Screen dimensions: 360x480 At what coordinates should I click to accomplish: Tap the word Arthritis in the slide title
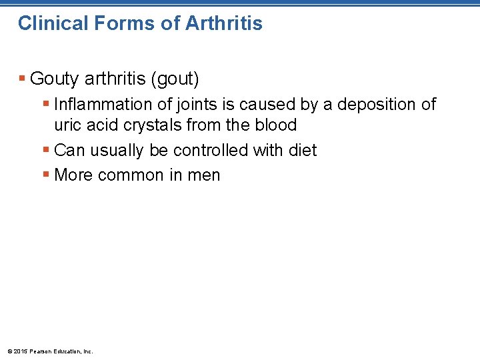[x=224, y=23]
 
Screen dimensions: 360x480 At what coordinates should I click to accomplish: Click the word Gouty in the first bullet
[x=55, y=79]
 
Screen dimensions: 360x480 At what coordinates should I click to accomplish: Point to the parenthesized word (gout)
[x=175, y=79]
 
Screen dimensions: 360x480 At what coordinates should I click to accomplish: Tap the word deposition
[x=370, y=105]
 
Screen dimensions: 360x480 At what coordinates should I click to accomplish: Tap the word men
[x=205, y=175]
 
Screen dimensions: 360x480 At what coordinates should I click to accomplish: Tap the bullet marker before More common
[x=46, y=175]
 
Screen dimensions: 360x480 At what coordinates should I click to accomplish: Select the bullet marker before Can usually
[x=46, y=150]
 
